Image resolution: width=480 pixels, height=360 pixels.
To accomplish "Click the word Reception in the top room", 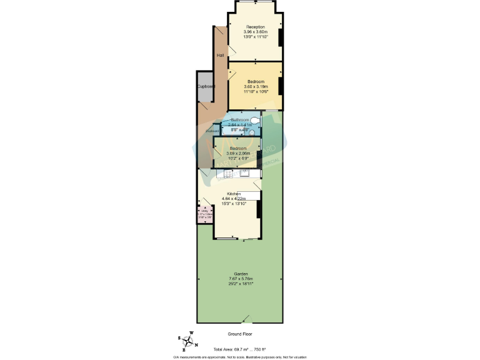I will click(x=255, y=27).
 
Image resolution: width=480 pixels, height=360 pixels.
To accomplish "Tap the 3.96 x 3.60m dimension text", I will click(x=255, y=32).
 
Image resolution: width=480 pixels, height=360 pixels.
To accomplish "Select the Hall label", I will click(x=220, y=56).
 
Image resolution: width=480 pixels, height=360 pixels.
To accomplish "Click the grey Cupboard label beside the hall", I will click(x=206, y=86).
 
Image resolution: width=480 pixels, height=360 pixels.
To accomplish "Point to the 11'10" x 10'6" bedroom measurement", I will click(x=256, y=91).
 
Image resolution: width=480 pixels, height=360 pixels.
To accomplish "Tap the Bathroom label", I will click(x=240, y=119).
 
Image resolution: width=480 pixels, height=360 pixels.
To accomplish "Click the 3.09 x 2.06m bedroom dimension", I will click(x=237, y=153).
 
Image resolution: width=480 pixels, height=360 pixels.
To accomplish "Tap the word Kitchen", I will click(x=233, y=194).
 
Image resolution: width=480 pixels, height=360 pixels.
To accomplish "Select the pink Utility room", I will click(x=203, y=216).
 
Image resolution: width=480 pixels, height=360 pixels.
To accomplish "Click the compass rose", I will click(x=187, y=341).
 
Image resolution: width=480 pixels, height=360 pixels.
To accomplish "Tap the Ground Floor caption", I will click(x=240, y=335).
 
